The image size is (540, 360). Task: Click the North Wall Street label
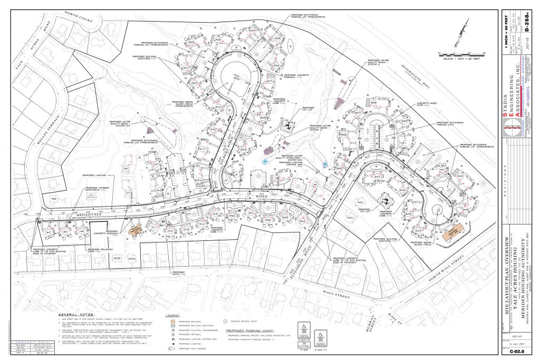click(x=440, y=269)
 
